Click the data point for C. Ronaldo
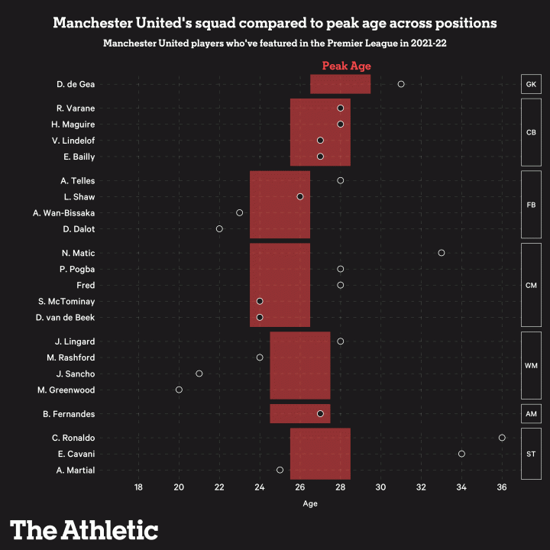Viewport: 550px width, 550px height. coord(502,438)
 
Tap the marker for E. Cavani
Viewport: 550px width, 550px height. coord(461,454)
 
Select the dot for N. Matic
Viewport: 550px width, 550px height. coord(442,253)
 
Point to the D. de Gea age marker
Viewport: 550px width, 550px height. coord(401,84)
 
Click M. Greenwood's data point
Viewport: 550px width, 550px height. coord(179,390)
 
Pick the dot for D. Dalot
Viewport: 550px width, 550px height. coord(219,228)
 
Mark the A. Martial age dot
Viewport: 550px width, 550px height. coord(280,470)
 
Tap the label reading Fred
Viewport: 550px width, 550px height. coord(86,285)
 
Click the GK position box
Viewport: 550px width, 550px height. coord(531,84)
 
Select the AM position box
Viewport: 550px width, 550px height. coord(531,414)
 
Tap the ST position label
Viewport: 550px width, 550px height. coord(531,454)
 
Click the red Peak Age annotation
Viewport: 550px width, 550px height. coord(346,66)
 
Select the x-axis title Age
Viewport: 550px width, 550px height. coord(310,503)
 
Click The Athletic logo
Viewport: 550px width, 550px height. coord(84,529)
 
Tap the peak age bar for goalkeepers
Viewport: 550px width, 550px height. coord(340,84)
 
